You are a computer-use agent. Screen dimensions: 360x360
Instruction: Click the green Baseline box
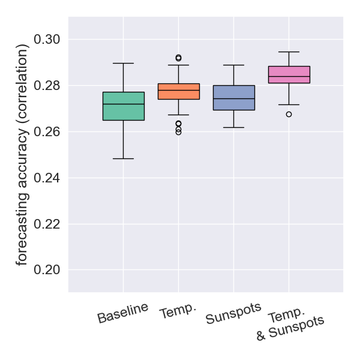tap(124, 106)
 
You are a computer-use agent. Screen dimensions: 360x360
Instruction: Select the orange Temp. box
tap(179, 91)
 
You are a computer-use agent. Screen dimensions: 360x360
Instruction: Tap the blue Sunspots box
tap(234, 98)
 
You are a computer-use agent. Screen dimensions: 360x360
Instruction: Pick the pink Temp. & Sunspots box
tap(289, 74)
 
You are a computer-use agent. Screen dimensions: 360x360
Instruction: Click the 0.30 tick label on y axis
tap(46, 40)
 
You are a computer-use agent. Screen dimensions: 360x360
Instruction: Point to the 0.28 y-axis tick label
tap(46, 86)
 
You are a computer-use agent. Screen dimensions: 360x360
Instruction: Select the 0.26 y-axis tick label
tap(46, 132)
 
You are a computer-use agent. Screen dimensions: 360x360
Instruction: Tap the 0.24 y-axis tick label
tap(46, 178)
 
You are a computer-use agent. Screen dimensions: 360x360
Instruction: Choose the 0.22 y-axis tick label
tap(46, 224)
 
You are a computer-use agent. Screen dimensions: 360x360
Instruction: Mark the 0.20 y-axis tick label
tap(46, 270)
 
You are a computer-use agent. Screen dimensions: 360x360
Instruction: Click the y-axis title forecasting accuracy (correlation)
tap(22, 154)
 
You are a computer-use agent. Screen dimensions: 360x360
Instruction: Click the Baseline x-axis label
tap(123, 313)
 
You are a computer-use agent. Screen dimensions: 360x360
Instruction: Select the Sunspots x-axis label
tap(233, 314)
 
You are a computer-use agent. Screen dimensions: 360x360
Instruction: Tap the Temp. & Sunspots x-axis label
tap(289, 326)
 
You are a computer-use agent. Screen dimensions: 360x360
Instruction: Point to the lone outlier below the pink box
tap(289, 114)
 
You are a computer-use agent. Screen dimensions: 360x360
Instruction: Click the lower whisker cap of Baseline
tap(124, 158)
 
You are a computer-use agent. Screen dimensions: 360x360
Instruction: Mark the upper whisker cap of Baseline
tap(124, 63)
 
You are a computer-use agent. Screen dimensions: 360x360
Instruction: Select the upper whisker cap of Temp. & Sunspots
tap(289, 52)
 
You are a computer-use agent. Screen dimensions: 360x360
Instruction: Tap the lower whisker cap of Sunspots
tap(234, 128)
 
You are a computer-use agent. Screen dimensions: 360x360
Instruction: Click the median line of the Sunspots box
tap(234, 98)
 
